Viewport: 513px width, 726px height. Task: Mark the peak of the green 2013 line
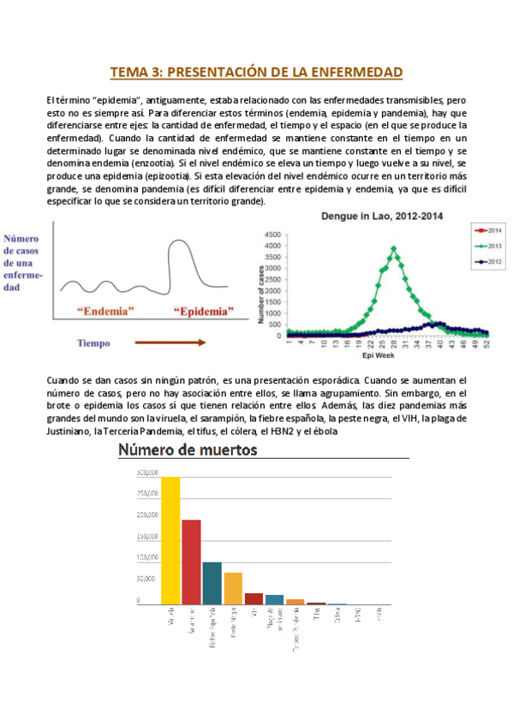393,248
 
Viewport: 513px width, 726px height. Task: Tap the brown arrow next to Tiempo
170,342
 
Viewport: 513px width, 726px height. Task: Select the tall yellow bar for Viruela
170,540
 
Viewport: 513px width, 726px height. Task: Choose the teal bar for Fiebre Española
212,583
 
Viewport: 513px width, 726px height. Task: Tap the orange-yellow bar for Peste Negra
233,588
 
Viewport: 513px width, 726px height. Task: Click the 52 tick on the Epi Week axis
486,342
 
